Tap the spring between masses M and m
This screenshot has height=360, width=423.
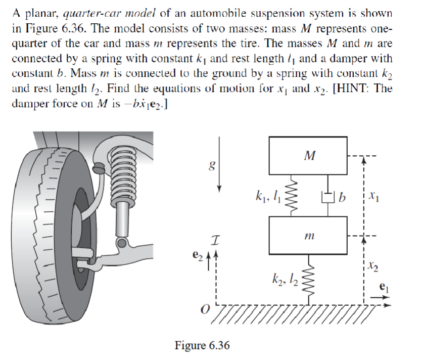(x=294, y=195)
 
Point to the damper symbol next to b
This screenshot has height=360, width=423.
(x=328, y=197)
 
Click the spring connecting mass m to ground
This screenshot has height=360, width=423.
(x=308, y=280)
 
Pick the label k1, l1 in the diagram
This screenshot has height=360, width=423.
(x=268, y=196)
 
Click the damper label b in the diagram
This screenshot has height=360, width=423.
(x=342, y=197)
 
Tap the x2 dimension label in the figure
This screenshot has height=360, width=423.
(x=373, y=266)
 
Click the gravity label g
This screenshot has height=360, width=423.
(x=212, y=165)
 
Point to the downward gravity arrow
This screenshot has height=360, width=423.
(x=219, y=164)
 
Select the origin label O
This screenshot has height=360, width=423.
(x=205, y=309)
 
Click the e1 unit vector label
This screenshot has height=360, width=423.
(x=384, y=287)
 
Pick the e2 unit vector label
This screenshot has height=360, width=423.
(x=197, y=255)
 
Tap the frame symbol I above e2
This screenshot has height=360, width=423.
(x=215, y=240)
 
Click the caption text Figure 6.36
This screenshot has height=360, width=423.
(x=202, y=345)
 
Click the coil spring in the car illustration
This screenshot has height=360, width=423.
(x=123, y=175)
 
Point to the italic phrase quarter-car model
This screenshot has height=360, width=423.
(x=109, y=13)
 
